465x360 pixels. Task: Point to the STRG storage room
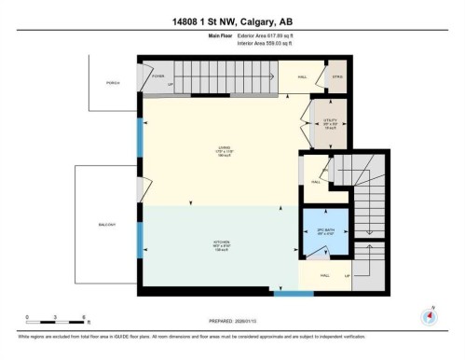click(x=337, y=78)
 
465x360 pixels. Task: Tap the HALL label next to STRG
click(x=303, y=78)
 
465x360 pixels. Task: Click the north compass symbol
click(x=429, y=315)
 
